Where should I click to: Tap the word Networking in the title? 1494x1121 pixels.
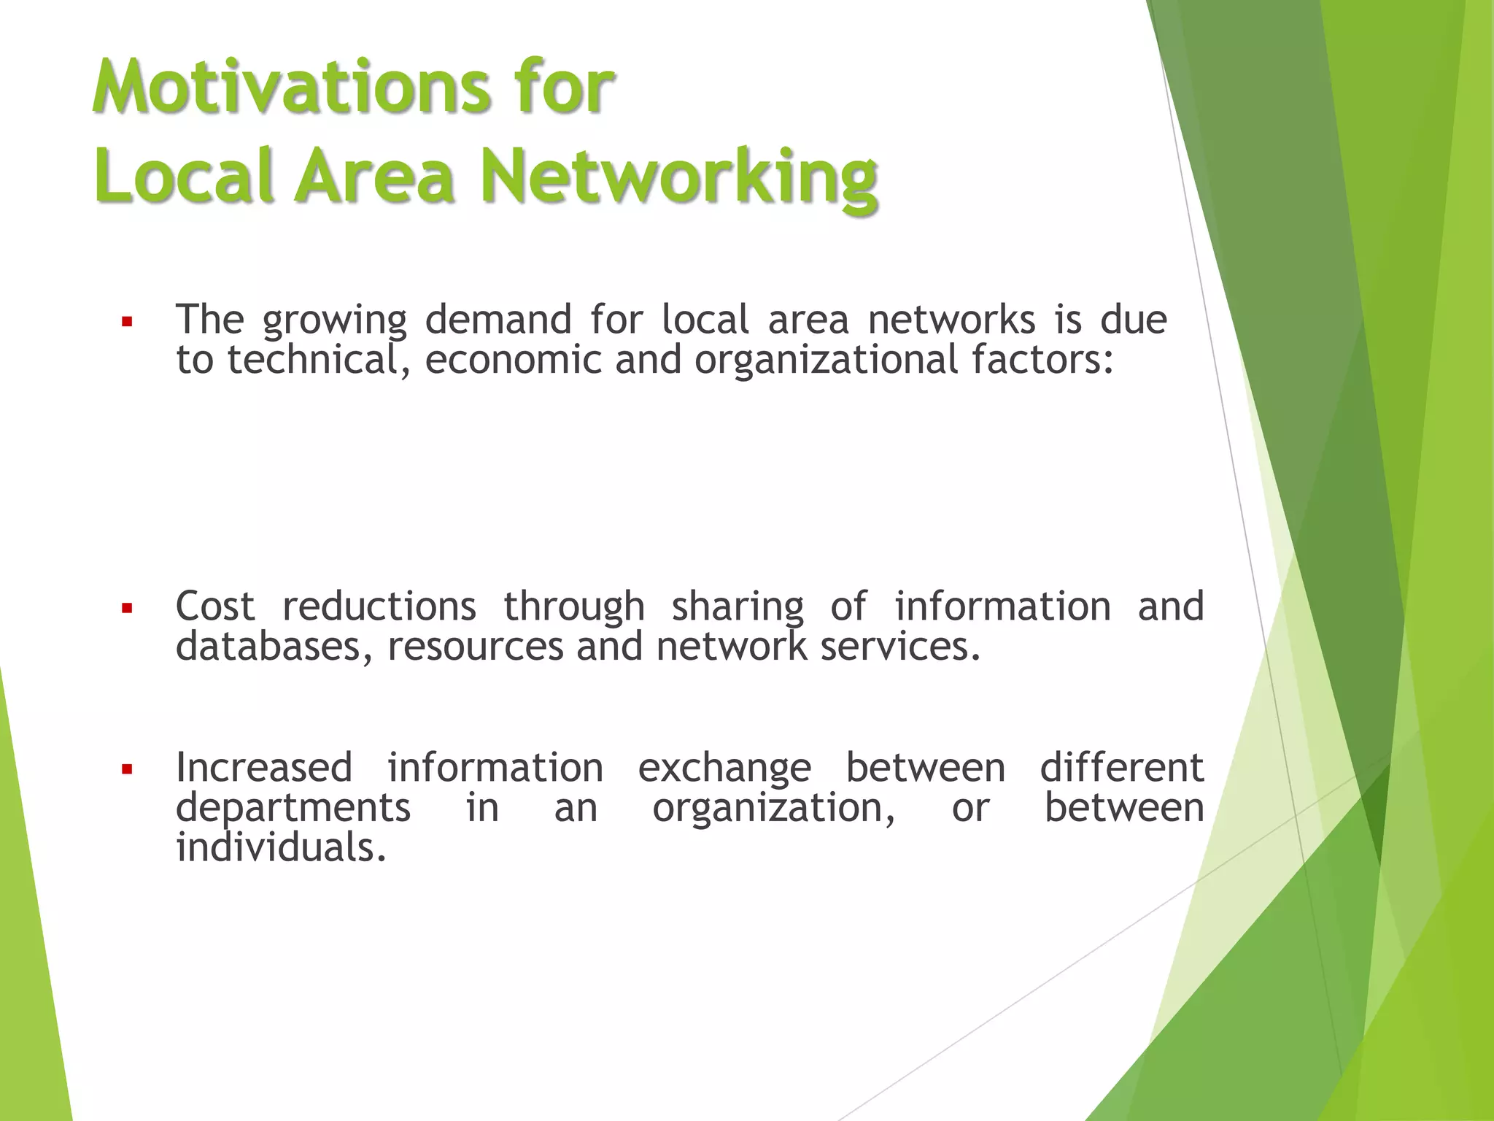click(678, 177)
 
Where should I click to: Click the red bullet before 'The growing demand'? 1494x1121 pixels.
click(127, 321)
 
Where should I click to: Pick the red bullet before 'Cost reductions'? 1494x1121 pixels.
click(127, 608)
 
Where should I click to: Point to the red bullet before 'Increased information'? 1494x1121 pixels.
click(127, 769)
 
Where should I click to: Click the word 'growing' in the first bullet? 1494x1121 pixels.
click(335, 321)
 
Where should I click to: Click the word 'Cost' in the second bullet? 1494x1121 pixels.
click(215, 607)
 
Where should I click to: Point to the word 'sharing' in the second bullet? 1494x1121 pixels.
click(738, 607)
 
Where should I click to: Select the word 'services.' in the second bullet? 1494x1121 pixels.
click(901, 647)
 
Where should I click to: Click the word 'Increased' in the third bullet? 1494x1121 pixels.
click(264, 768)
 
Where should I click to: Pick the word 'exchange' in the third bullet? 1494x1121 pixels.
click(724, 768)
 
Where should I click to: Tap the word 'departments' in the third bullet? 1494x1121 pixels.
click(293, 809)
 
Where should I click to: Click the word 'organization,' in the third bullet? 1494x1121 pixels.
click(774, 809)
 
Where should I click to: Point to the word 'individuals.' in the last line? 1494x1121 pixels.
click(281, 848)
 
